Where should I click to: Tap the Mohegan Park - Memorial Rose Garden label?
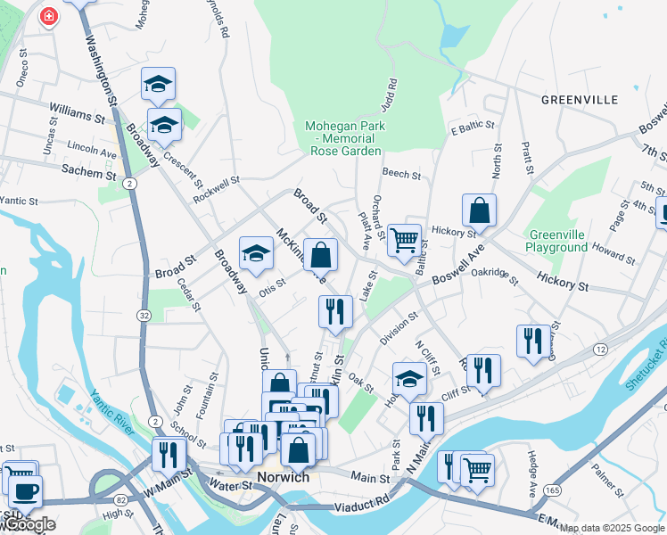click(x=347, y=138)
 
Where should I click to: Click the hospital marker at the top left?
click(x=49, y=16)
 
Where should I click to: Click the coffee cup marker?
click(x=25, y=491)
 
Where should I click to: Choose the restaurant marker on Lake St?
click(x=335, y=311)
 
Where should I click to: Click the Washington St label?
click(x=102, y=72)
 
